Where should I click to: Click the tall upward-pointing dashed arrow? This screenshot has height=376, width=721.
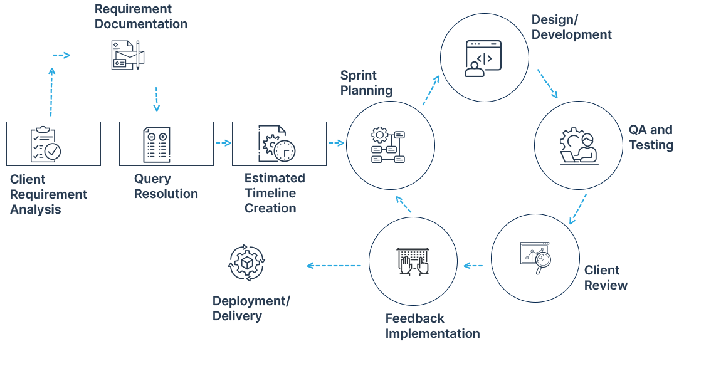click(x=51, y=92)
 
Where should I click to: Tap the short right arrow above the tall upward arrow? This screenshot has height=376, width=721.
click(x=61, y=55)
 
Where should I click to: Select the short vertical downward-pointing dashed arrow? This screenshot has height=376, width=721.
click(x=156, y=99)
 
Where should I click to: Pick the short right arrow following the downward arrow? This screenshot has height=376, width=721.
click(x=224, y=143)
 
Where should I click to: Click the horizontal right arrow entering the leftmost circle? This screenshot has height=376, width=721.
click(x=337, y=143)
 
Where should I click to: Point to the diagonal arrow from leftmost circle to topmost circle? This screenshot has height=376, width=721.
click(x=431, y=91)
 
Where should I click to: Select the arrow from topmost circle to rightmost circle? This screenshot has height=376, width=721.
click(x=547, y=83)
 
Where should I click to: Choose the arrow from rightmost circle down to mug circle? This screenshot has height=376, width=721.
click(x=578, y=209)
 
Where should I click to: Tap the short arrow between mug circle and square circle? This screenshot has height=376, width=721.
click(x=473, y=266)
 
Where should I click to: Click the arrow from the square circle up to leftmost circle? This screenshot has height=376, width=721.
click(x=404, y=204)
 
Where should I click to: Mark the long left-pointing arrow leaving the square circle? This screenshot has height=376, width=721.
click(x=334, y=266)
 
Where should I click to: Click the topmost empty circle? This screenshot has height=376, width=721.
click(x=485, y=58)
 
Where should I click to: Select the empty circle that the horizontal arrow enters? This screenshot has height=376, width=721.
click(x=391, y=145)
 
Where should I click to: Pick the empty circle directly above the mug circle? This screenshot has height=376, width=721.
click(x=579, y=145)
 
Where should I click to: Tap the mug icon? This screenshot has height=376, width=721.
click(x=533, y=258)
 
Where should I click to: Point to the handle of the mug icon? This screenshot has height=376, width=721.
click(x=546, y=259)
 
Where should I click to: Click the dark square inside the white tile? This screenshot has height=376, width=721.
click(x=413, y=261)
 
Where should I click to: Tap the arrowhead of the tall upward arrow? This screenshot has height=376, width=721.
click(x=51, y=71)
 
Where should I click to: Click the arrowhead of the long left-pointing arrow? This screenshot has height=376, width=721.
click(x=310, y=266)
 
